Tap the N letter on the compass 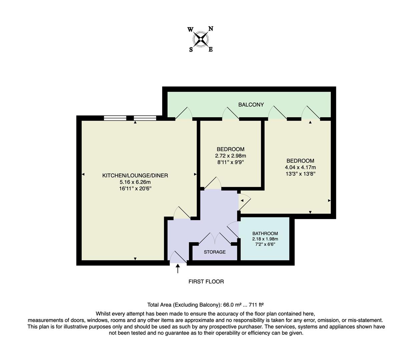click(x=211, y=29)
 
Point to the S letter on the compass click(x=191, y=50)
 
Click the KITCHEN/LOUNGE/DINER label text click(x=135, y=175)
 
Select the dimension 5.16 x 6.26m click(x=135, y=182)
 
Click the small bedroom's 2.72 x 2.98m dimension click(x=230, y=156)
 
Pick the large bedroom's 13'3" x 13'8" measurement click(x=300, y=174)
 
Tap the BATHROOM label click(x=265, y=233)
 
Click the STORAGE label click(x=215, y=252)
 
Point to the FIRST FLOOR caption click(x=206, y=282)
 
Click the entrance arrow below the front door click(x=177, y=268)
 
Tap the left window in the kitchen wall click(x=115, y=118)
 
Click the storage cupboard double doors click(x=215, y=239)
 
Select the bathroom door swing click(x=233, y=230)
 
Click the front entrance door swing click(x=178, y=257)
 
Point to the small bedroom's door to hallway click(x=212, y=183)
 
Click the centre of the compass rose click(x=201, y=39)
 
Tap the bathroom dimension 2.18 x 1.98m click(x=265, y=239)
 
